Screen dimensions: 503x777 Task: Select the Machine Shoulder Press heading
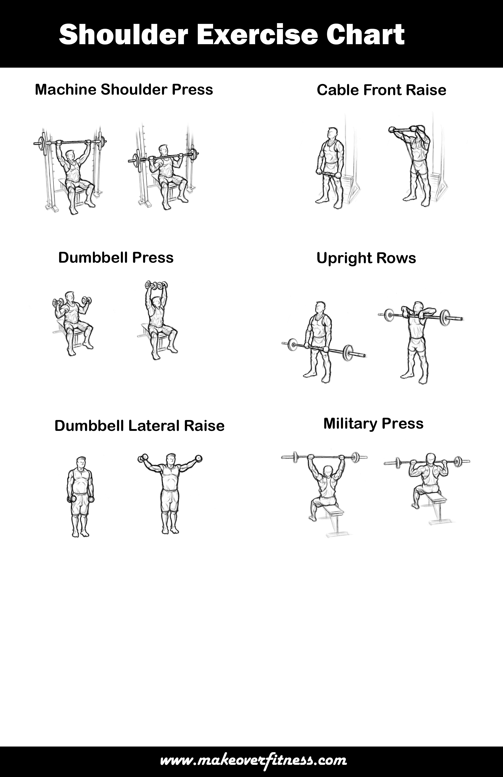click(x=124, y=89)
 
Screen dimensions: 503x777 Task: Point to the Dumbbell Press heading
click(x=116, y=258)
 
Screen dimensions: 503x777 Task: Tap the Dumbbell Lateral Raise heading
click(x=139, y=426)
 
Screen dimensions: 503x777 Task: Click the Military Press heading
click(x=373, y=423)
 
